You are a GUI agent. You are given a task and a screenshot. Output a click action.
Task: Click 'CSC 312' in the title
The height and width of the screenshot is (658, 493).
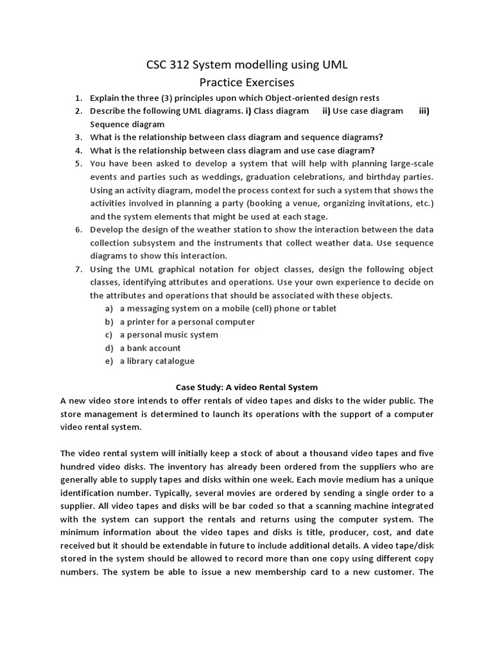167,65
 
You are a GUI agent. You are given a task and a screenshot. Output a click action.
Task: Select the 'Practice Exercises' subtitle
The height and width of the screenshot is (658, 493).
246,82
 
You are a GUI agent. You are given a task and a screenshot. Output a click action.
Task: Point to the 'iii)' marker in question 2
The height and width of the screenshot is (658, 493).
424,111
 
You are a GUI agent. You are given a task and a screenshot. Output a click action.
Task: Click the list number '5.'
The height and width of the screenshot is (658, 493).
78,164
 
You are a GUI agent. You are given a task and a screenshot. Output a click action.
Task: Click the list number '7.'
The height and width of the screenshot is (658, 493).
78,269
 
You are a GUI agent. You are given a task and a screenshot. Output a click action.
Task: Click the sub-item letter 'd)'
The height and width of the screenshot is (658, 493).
109,348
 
